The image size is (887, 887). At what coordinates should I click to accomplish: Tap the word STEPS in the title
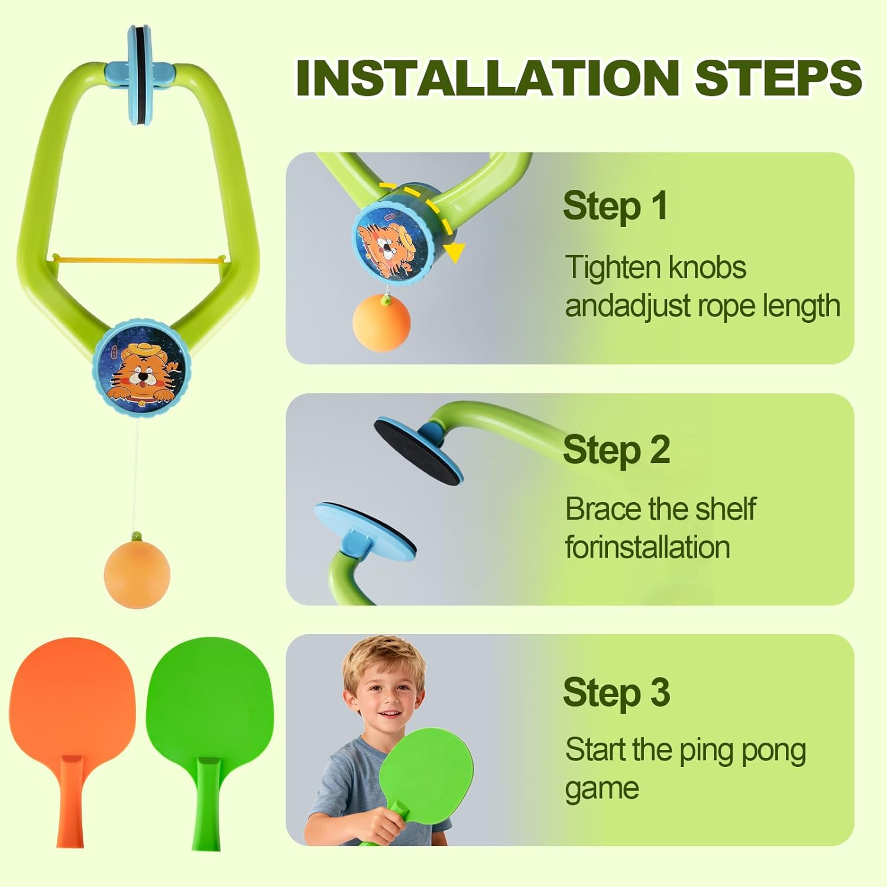click(778, 78)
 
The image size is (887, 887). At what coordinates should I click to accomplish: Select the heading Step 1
click(615, 206)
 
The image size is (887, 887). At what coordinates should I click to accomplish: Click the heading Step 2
click(616, 450)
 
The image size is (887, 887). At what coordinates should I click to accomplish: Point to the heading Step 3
click(616, 692)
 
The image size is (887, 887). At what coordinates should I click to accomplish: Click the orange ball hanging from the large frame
click(137, 576)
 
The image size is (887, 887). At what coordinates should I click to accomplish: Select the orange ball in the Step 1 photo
click(381, 323)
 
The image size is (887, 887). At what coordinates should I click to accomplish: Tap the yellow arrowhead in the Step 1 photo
click(454, 252)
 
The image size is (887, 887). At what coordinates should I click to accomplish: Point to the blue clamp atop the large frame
click(140, 74)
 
